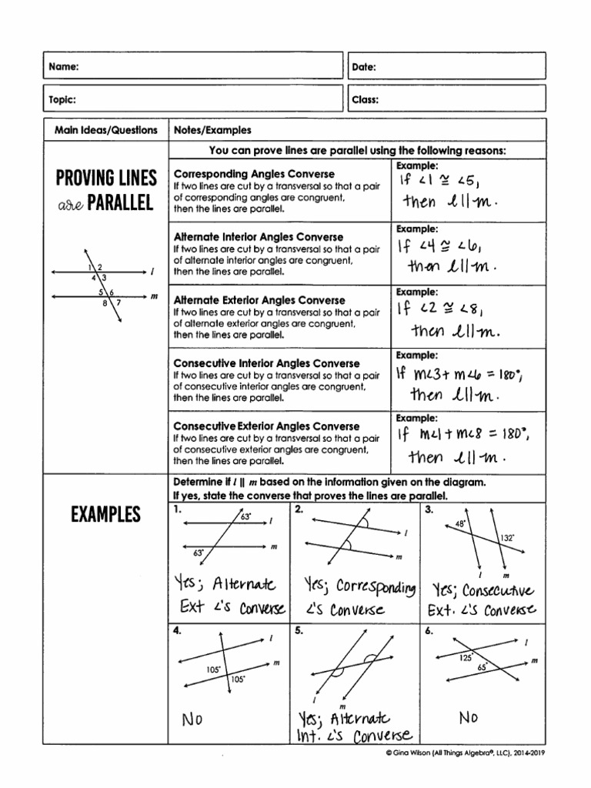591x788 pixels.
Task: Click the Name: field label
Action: pos(65,68)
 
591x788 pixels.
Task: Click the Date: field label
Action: pos(364,68)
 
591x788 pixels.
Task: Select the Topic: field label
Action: pos(62,99)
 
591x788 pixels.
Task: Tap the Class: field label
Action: pos(366,99)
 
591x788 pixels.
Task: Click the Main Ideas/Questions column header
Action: pos(106,131)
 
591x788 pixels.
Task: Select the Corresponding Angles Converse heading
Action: pos(254,174)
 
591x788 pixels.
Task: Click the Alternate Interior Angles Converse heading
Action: pos(259,237)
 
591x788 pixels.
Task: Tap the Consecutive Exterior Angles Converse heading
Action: pos(266,426)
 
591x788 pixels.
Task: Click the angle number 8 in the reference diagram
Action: pos(105,304)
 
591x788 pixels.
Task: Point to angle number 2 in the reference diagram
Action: pos(100,267)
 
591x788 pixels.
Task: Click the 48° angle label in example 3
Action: pos(460,524)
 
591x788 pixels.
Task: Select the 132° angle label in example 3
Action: pos(507,539)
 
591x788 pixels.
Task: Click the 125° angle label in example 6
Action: pos(466,658)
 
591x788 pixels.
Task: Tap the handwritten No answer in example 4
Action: pos(192,720)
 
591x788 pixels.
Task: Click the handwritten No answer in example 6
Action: pos(469,717)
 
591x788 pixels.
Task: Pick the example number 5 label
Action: pos(299,630)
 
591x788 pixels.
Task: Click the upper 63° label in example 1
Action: pos(246,517)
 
